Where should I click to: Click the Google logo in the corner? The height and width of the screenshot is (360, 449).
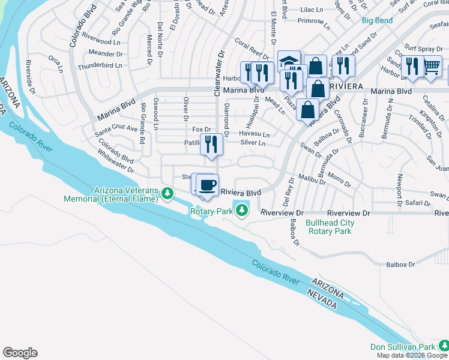point(20,353)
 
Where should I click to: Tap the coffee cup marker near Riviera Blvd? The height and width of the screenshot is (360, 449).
point(208,185)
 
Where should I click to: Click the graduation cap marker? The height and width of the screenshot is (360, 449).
point(289,62)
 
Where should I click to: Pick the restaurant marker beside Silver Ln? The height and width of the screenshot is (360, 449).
point(211,145)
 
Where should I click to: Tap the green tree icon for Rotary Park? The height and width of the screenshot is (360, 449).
point(241,210)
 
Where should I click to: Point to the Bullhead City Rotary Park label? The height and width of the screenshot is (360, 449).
point(330,227)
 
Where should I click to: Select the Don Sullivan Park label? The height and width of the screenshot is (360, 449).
point(402,347)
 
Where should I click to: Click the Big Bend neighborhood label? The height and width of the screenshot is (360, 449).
point(378,20)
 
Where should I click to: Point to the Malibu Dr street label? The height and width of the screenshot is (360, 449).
point(310,178)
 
